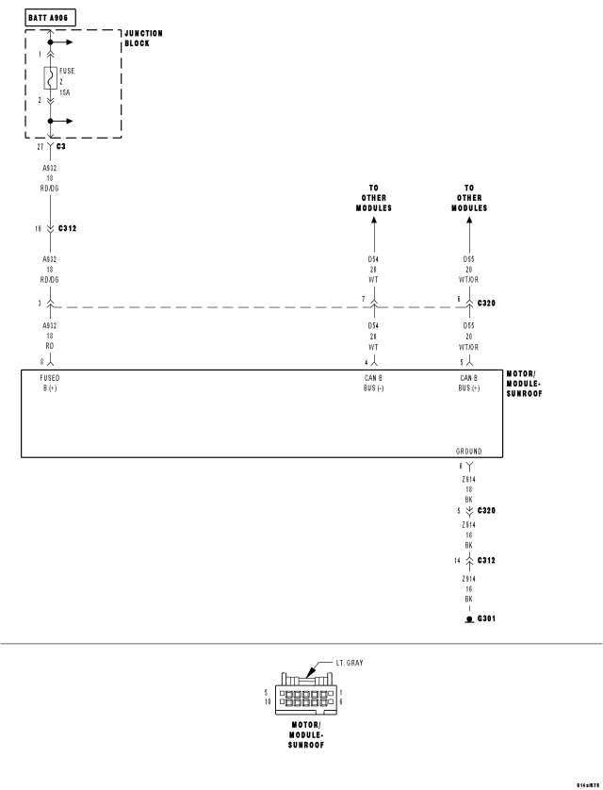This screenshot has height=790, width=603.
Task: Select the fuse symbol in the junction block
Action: [47, 77]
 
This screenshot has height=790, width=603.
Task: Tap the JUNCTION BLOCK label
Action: [143, 38]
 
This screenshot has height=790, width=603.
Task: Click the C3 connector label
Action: [61, 147]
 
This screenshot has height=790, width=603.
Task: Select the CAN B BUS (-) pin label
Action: [373, 383]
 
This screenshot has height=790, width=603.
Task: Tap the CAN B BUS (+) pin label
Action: [468, 383]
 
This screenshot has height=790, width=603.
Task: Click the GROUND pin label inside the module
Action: [468, 452]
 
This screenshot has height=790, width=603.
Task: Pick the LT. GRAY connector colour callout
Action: [349, 663]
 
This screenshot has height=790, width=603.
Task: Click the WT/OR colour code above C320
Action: [468, 279]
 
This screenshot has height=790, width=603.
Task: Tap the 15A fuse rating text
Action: [65, 91]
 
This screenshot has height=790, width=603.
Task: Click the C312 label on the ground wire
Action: [487, 561]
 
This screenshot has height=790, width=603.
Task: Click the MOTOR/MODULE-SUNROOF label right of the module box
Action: [524, 383]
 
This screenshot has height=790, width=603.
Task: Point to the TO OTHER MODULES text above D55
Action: [468, 198]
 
